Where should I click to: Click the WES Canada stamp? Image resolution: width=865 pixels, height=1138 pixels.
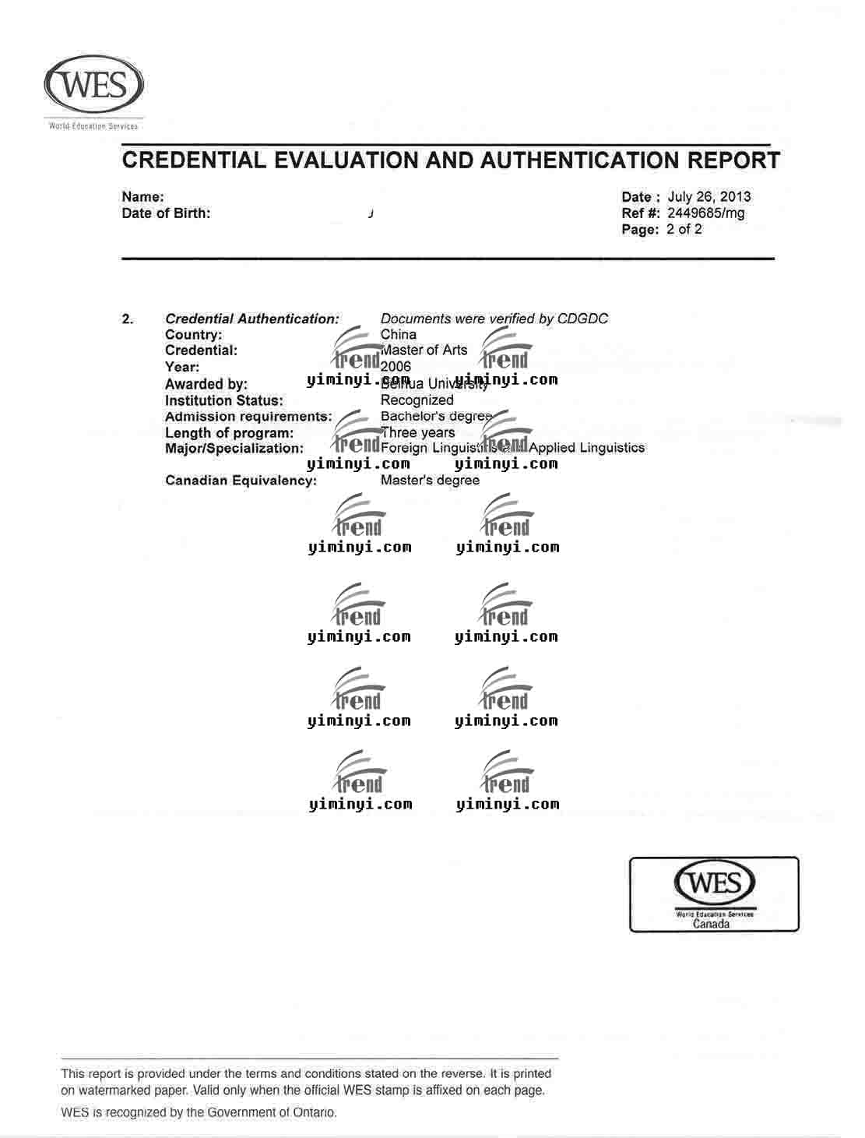point(714,894)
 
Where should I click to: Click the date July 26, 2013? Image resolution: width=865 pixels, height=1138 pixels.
point(709,196)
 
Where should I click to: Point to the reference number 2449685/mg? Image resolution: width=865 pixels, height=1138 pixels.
point(705,213)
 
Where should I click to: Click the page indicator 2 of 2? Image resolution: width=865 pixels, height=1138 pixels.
point(684,229)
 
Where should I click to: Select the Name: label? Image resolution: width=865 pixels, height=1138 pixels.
point(142,197)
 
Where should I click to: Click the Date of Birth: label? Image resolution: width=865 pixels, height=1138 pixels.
point(166,213)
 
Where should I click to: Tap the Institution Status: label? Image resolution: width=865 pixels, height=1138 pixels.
point(223,400)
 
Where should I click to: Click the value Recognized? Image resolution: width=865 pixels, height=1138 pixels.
point(417,400)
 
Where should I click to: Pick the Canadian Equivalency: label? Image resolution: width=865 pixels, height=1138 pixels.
point(241,481)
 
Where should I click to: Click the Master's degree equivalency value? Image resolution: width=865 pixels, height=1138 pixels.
point(430,481)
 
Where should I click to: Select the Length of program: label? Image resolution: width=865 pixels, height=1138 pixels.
point(229,433)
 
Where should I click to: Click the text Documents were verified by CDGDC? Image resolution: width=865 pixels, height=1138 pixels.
point(494,319)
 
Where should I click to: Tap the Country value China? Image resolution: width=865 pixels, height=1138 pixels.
point(398,334)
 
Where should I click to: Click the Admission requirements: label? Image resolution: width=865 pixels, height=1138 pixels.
point(248,417)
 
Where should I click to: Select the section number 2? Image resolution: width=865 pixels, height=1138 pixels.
point(128,319)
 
